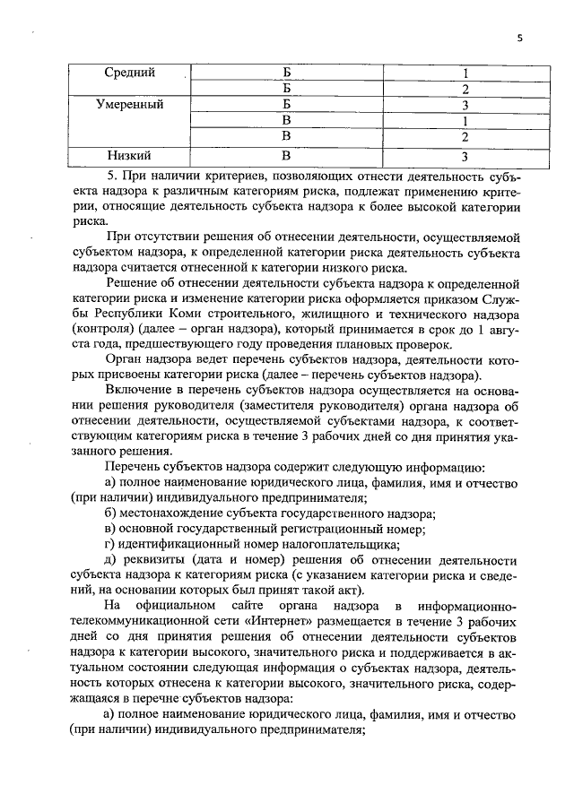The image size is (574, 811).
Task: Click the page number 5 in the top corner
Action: click(x=519, y=38)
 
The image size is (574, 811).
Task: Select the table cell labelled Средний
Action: click(x=129, y=72)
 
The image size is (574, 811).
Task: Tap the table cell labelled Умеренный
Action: click(x=129, y=105)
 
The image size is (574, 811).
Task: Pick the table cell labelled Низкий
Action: click(x=129, y=155)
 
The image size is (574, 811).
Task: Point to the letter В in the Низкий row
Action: click(x=287, y=155)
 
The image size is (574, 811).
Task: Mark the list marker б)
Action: click(x=111, y=513)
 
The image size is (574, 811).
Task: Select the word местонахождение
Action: click(x=178, y=513)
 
